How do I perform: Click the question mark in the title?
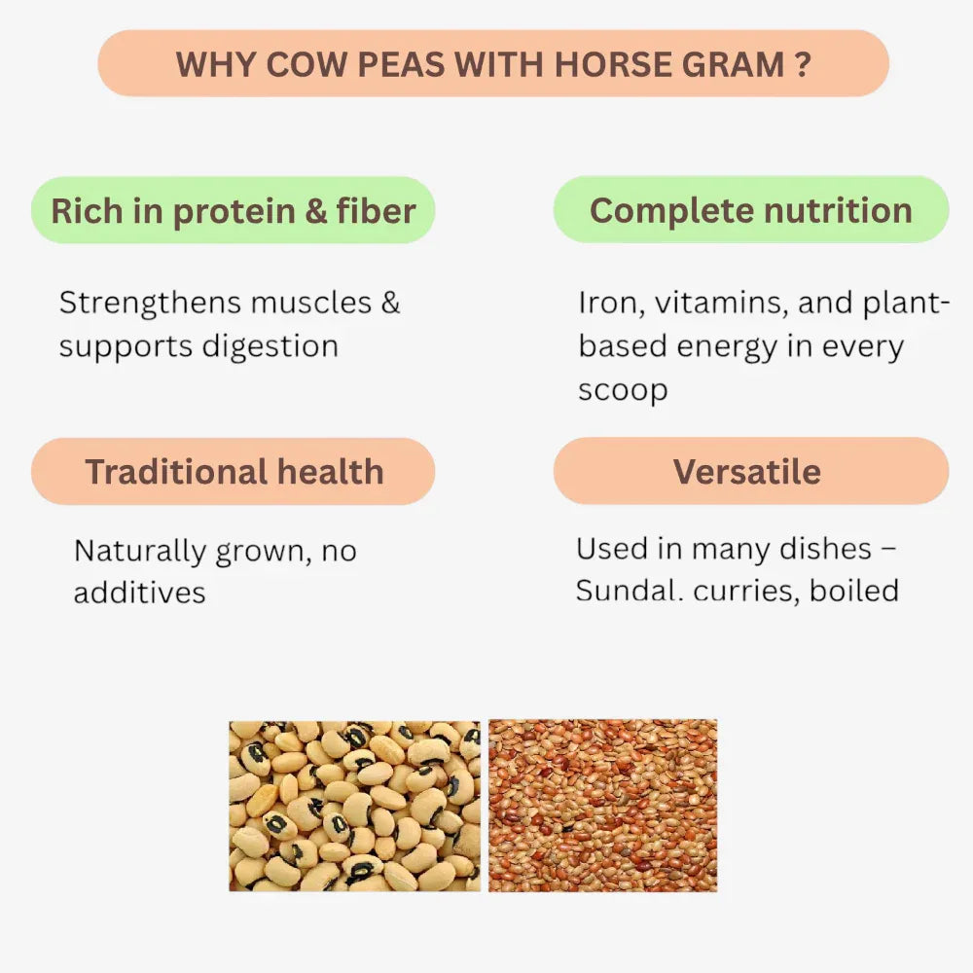[802, 64]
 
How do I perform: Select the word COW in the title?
[296, 64]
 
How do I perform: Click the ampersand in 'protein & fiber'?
[316, 211]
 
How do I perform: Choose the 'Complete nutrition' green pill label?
[750, 210]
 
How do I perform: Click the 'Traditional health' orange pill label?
[234, 472]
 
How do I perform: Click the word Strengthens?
[152, 303]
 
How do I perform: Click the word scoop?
[623, 391]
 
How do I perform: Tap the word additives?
[139, 594]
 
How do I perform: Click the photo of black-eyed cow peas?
[354, 805]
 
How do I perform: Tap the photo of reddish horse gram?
[602, 805]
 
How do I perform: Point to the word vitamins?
[721, 303]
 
